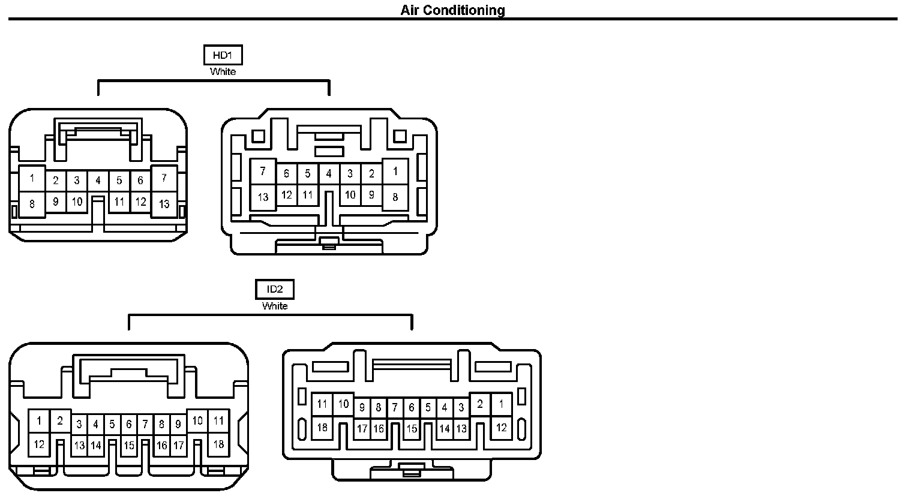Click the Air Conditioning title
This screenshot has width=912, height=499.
point(452,10)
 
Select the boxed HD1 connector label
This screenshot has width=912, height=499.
point(223,56)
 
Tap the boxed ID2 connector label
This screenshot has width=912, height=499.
point(275,290)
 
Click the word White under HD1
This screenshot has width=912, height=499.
point(223,71)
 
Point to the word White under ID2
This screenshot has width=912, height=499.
point(275,306)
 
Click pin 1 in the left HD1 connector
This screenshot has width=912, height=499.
point(32,178)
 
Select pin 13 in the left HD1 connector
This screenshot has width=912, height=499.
point(164,204)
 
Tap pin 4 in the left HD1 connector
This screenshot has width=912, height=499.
point(98,180)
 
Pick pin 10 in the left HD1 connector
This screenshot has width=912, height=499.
point(77,202)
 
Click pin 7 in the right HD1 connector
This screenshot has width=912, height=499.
point(263,172)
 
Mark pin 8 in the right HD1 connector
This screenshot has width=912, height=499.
point(395,197)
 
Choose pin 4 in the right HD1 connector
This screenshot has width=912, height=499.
point(329,174)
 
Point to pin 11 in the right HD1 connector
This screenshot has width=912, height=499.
point(307,194)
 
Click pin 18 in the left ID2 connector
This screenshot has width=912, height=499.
point(218,444)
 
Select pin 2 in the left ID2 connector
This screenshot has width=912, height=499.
point(60,420)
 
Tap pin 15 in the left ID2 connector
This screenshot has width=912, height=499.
point(128,446)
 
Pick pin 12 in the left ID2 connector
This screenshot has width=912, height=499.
point(39,444)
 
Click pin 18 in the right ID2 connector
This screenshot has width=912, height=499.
point(322,428)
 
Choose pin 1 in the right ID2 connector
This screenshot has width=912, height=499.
point(501,404)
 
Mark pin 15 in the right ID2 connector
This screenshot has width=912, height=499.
point(412,429)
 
